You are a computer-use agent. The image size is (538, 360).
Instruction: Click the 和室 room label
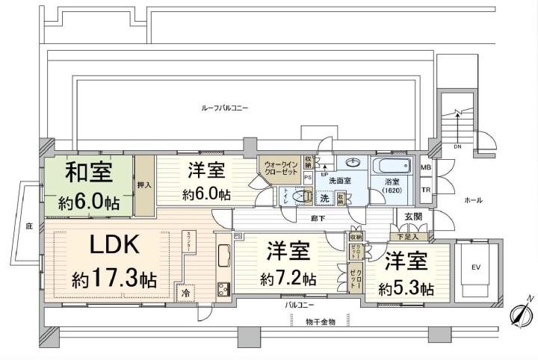(89, 173)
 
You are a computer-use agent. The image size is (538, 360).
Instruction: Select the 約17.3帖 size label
(114, 280)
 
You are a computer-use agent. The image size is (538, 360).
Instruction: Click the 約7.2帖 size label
(288, 279)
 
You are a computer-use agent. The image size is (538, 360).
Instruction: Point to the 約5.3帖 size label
(406, 288)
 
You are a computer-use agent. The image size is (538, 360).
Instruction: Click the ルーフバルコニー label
(225, 108)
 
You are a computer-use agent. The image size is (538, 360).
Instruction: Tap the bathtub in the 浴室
(392, 167)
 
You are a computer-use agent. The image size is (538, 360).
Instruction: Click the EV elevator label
(476, 267)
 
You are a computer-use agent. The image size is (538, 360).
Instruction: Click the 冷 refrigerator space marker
(185, 294)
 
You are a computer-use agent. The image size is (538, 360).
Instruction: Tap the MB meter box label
(424, 168)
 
